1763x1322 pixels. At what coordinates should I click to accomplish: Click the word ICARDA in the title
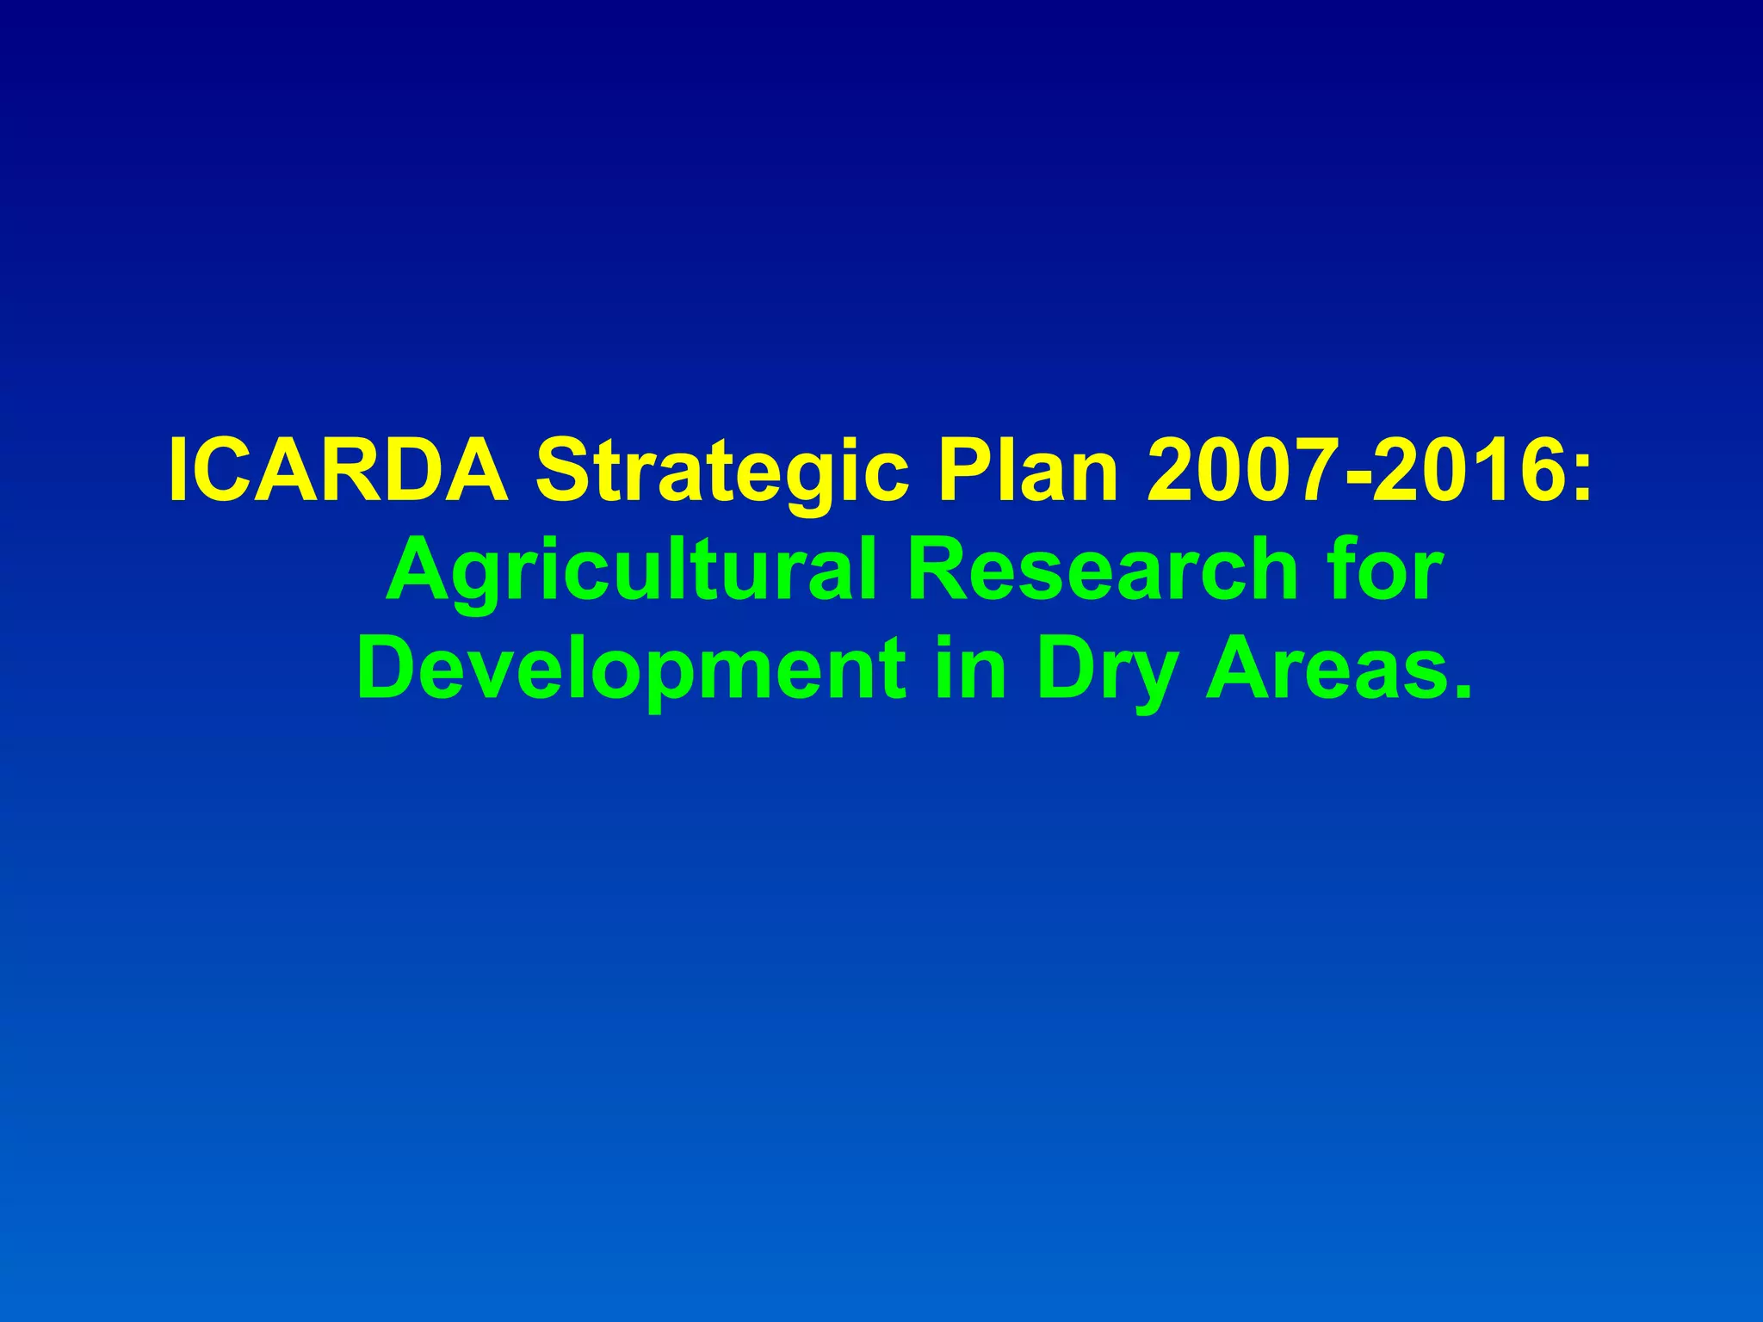338,472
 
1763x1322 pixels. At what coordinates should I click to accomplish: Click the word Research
1103,570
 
